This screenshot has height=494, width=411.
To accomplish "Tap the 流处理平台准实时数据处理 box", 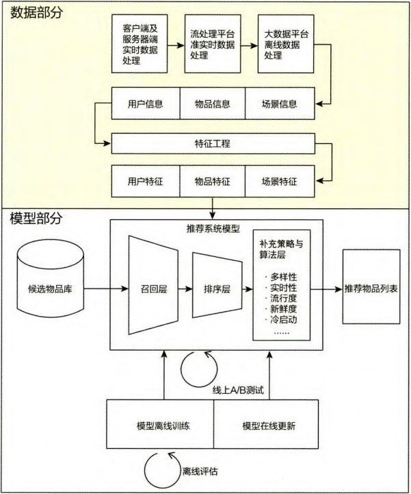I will point(213,46).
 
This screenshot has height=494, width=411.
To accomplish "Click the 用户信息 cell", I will point(145,104).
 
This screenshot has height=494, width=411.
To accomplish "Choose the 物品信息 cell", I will point(213,104).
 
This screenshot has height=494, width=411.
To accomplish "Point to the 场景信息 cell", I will point(280,104).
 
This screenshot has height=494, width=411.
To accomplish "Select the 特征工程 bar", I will point(213,144).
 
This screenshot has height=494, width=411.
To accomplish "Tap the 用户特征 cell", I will point(145,182).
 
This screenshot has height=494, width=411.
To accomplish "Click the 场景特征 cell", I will point(280,182).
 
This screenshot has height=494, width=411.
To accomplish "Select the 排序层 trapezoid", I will point(217,289).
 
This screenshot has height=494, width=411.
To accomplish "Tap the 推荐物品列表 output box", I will point(371,288).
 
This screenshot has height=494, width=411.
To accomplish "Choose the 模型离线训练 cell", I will point(163,425).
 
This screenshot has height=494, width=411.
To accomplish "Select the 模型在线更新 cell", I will point(269,425).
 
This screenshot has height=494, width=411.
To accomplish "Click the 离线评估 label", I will point(201,471).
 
